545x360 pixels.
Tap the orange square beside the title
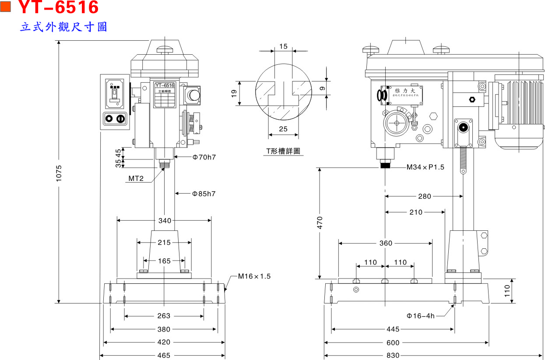(7, 6)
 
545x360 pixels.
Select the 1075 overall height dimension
(60, 174)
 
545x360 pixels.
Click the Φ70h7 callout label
(204, 157)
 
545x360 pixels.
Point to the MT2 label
(136, 179)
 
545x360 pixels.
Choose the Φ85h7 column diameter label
(204, 193)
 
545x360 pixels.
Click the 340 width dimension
(165, 221)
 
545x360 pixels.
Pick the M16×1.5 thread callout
(254, 276)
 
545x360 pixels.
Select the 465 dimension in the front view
(164, 356)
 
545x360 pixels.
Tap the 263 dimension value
(164, 316)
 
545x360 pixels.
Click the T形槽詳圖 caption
(284, 151)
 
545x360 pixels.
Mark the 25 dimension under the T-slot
(283, 129)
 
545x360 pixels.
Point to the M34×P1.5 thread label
(425, 167)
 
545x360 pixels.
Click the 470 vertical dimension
(320, 222)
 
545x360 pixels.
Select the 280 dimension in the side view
(424, 197)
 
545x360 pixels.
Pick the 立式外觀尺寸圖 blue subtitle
(64, 27)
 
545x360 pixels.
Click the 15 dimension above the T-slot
(283, 46)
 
